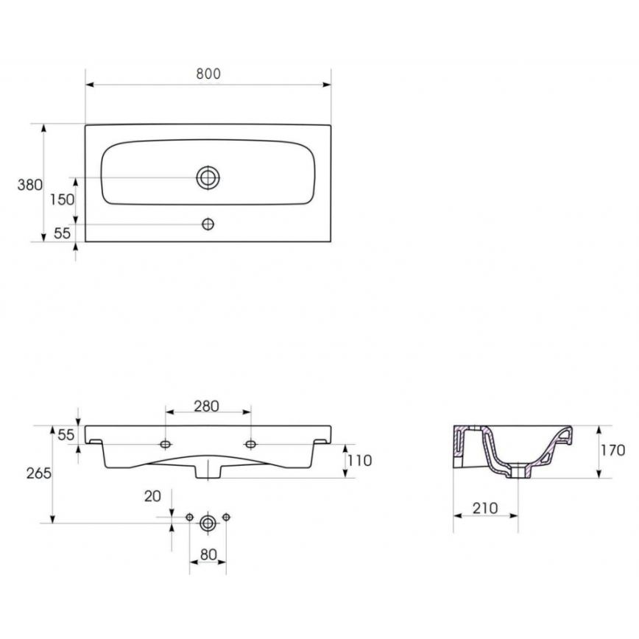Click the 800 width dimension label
pos(208,74)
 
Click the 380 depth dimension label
pos(29,185)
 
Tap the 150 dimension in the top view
pos(63,199)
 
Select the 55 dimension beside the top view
pos(62,233)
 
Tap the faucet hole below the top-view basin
pos(209,224)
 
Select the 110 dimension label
pos(360,461)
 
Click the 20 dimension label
pos(152,496)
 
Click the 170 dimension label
pos(612,450)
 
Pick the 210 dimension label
pos(485,507)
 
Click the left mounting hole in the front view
pos(166,444)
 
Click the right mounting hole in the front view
pos(251,444)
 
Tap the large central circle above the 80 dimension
pos(208,522)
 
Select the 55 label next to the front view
pos(66,435)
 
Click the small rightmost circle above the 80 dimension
pos(227,516)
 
